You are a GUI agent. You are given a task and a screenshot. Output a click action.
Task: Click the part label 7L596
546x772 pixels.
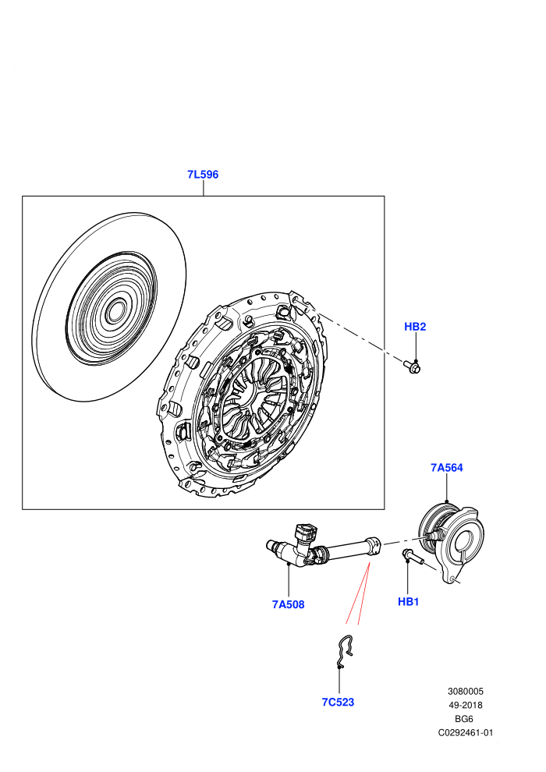(202, 175)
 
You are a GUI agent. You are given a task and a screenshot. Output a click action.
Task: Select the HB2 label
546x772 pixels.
(415, 327)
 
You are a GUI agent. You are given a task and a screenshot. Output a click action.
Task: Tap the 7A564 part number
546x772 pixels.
(446, 467)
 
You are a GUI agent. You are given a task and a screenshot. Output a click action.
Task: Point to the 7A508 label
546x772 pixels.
(288, 604)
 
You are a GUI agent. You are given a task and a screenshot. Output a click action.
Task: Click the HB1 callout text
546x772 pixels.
(408, 601)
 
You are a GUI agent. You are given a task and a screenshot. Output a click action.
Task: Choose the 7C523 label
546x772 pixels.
(338, 702)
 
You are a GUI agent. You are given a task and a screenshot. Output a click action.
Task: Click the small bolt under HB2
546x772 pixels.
(412, 367)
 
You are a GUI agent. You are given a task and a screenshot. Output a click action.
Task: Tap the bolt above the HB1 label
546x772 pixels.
(413, 557)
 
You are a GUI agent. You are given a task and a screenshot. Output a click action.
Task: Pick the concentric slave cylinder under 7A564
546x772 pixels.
(452, 542)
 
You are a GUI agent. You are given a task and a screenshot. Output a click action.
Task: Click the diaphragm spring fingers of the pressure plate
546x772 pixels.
(253, 394)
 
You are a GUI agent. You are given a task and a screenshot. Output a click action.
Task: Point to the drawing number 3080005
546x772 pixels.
(465, 691)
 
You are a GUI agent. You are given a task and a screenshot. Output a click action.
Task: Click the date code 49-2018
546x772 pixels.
(465, 705)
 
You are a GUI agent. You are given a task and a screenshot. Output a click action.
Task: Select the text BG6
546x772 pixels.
(465, 719)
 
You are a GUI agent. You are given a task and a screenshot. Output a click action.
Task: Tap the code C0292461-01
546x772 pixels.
(465, 732)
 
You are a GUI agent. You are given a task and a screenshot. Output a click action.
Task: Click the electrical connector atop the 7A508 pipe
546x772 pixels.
(306, 533)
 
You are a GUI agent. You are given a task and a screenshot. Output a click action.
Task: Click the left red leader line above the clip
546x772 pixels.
(357, 593)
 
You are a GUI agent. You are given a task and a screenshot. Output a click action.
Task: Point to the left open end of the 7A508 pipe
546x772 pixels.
(269, 544)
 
